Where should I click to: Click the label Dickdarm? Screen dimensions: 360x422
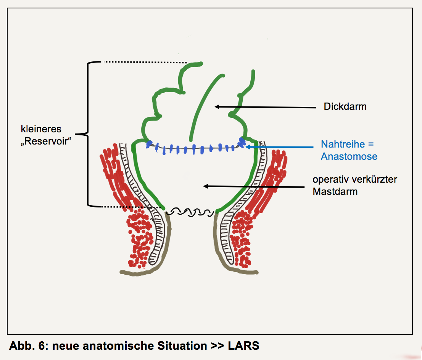(x=345, y=106)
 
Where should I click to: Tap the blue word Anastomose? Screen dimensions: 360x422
(x=349, y=156)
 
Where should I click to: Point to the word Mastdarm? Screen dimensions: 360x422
(x=335, y=191)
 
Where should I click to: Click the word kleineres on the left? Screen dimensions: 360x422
(x=41, y=129)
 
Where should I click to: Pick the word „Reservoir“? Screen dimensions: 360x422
(x=47, y=141)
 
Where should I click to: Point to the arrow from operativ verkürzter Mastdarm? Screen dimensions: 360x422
(x=254, y=186)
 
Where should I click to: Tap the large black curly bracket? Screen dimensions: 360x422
(x=87, y=134)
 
